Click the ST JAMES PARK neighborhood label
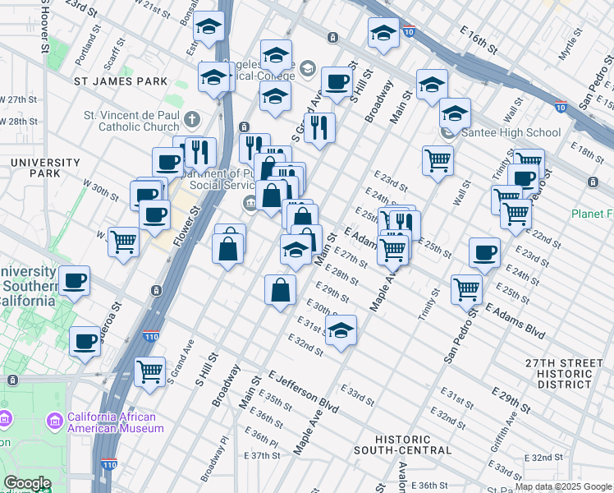pos(121,81)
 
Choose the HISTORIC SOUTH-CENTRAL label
pos(402,445)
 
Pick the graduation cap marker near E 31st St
pos(341,330)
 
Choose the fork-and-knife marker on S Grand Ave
pos(319,127)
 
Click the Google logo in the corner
pos(26,483)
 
